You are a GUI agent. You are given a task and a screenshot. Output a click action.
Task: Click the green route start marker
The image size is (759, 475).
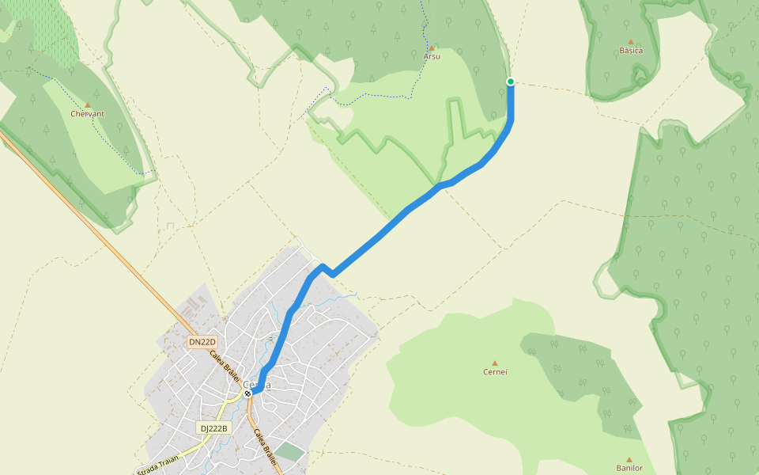tap(511, 82)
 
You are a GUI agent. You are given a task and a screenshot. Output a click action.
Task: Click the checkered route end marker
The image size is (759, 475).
tap(247, 393)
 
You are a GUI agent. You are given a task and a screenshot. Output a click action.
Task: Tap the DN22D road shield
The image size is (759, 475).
tap(202, 342)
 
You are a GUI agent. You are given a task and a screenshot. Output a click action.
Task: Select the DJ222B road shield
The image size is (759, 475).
tap(213, 428)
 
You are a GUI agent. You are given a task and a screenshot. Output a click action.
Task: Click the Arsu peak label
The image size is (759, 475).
tap(432, 57)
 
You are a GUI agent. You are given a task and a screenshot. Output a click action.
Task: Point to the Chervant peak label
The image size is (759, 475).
tap(88, 114)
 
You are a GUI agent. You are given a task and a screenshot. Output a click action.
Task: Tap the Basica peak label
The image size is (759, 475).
tap(631, 51)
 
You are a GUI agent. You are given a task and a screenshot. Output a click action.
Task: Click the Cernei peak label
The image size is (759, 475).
tap(495, 372)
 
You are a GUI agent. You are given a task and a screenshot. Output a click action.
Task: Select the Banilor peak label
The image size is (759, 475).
tap(629, 468)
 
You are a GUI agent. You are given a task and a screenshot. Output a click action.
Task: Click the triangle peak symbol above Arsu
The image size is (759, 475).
tap(432, 47)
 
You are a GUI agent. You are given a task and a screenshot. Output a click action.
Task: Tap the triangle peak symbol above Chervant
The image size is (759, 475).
tap(88, 104)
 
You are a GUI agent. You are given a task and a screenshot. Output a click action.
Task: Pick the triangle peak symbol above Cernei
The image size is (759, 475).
tap(495, 363)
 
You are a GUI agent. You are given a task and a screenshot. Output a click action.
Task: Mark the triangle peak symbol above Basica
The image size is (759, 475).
tap(631, 41)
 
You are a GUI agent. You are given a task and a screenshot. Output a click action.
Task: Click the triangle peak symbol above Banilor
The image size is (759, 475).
tap(629, 459)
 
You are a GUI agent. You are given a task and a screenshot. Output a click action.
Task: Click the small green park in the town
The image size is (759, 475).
tap(290, 452)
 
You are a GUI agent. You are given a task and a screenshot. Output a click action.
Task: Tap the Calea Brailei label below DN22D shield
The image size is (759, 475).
tap(225, 366)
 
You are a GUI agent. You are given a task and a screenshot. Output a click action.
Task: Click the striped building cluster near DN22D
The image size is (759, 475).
tap(194, 304)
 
